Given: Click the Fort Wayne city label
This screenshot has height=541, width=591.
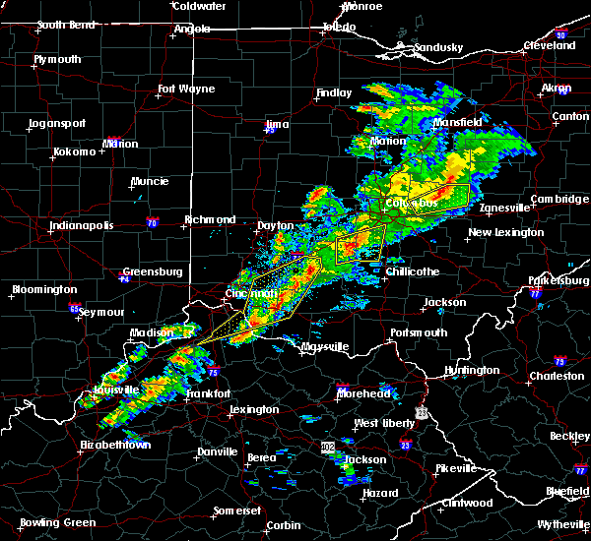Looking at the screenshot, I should pos(186,90).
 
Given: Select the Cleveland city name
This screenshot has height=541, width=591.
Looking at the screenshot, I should pos(549,46).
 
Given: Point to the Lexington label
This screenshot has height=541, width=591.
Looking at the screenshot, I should pos(254,410).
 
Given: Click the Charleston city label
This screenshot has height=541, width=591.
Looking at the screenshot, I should pos(557,376).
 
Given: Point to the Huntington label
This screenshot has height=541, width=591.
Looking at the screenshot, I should pos(472,371).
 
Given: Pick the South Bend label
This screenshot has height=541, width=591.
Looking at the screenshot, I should pos(65,26).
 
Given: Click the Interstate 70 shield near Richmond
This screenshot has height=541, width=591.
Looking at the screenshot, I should pos(151,223).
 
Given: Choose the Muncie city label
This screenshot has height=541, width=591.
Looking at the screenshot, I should pos(150,182).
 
